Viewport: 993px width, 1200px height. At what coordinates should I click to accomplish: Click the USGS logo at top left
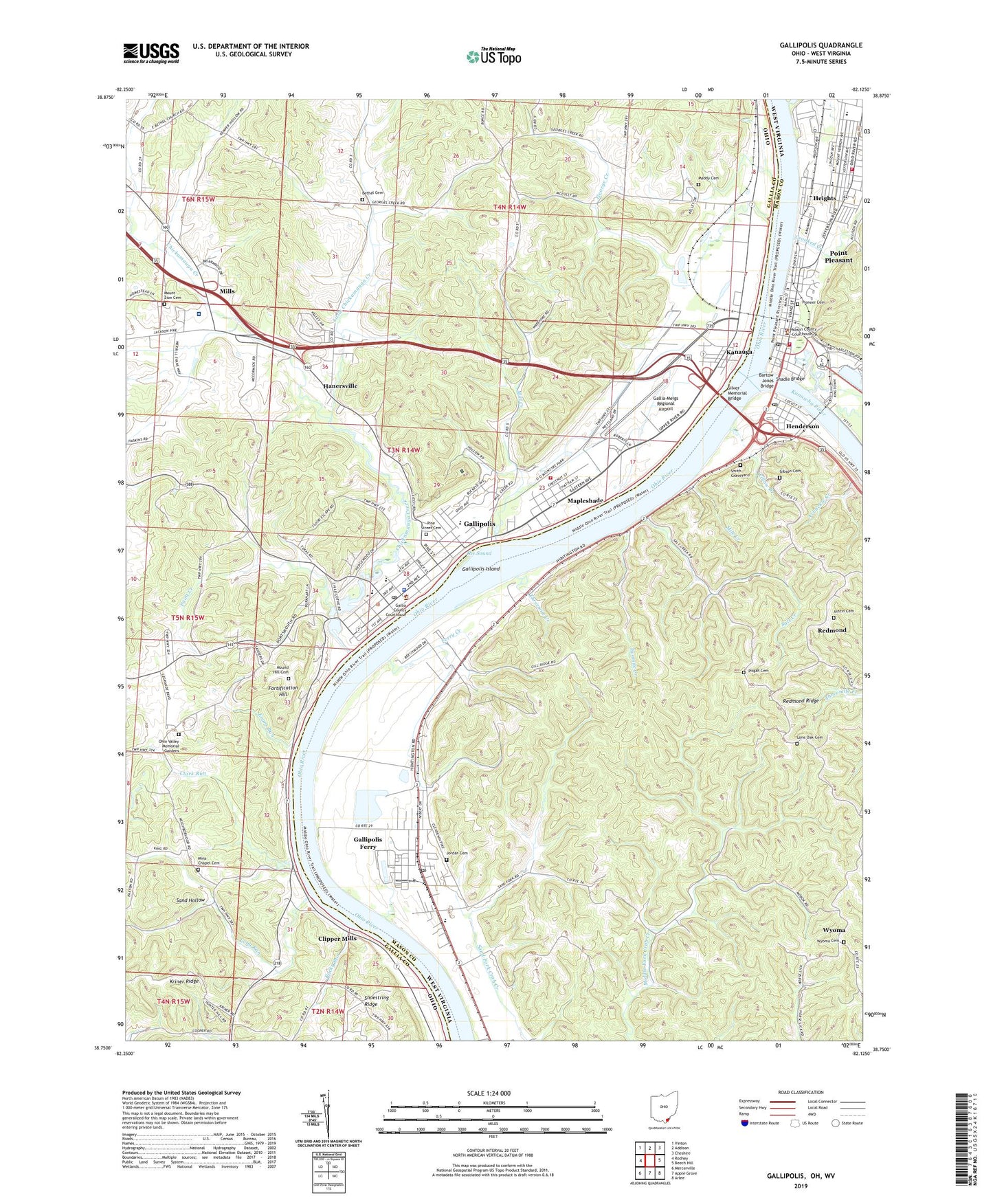(x=151, y=53)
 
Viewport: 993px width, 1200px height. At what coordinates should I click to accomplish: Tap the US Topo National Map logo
(x=493, y=56)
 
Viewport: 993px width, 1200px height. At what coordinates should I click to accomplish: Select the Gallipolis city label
(x=479, y=524)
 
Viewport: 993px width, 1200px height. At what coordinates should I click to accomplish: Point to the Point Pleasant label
(x=838, y=256)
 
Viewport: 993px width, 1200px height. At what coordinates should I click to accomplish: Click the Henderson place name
(x=802, y=426)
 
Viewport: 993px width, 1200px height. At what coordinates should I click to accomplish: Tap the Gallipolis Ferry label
(x=368, y=843)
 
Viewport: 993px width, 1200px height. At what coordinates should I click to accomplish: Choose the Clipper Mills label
(x=337, y=938)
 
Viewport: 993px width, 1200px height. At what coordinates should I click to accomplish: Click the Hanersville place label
(x=340, y=386)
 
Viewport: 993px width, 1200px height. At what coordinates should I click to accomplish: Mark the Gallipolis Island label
(x=481, y=569)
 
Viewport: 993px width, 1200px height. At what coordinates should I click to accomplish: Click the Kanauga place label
(x=739, y=352)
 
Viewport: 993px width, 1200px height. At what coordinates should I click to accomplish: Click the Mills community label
(x=227, y=291)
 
